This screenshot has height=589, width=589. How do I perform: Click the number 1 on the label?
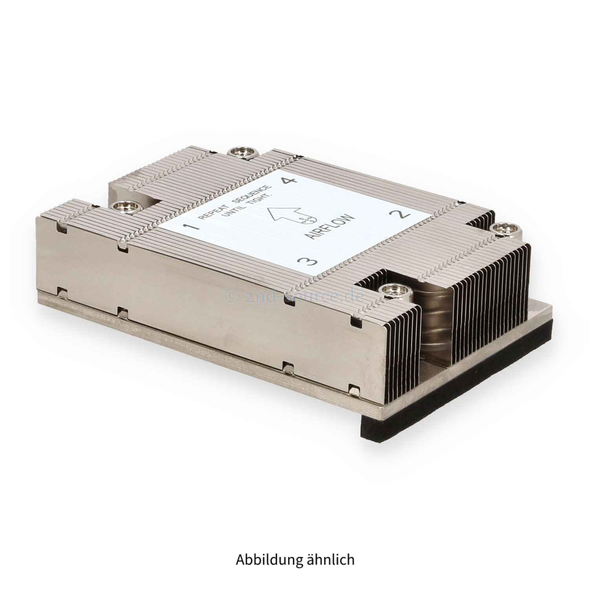[x=192, y=226]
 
